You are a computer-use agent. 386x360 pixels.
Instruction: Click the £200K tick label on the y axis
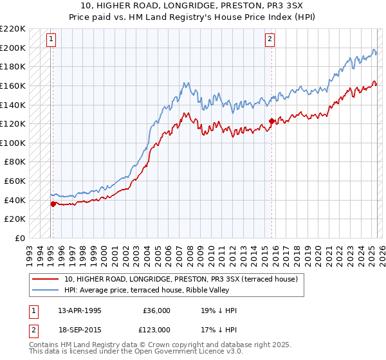13,48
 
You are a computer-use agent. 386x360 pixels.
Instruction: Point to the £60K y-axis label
15,181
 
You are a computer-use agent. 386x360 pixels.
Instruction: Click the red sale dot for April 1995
53,204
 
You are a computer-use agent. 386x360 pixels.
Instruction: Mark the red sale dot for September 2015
271,121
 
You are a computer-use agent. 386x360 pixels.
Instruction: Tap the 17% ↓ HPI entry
219,330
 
